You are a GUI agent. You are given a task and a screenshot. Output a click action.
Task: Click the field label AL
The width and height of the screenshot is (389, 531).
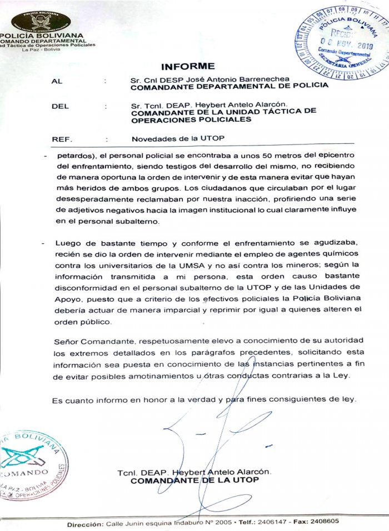click(x=56, y=81)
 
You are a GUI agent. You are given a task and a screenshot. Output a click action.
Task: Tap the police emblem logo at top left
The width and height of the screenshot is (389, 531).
click(x=42, y=20)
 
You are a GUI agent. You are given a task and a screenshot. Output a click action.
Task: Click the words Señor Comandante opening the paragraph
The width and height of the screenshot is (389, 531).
click(x=87, y=339)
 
